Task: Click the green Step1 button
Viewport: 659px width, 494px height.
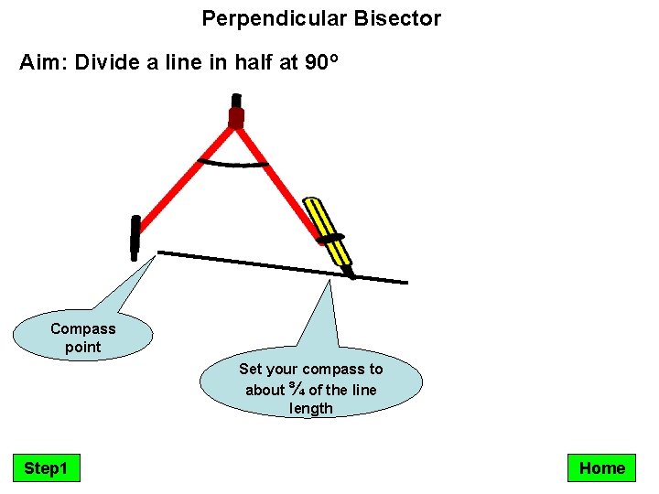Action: tap(46, 468)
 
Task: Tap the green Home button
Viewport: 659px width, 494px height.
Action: tap(601, 468)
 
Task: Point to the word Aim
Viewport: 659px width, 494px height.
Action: tap(43, 64)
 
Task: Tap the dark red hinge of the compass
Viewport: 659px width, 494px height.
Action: tap(236, 117)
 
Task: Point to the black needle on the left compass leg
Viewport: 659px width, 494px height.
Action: tap(135, 235)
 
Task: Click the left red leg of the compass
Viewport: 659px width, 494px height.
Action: tap(183, 179)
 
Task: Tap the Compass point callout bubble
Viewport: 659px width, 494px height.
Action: tap(82, 338)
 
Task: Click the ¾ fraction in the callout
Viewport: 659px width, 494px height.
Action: tap(297, 390)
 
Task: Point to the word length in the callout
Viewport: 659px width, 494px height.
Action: tap(311, 409)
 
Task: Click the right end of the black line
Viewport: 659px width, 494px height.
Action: tap(405, 281)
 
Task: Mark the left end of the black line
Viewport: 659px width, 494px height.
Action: tap(160, 252)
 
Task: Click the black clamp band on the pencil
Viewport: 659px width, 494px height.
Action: tap(333, 239)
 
